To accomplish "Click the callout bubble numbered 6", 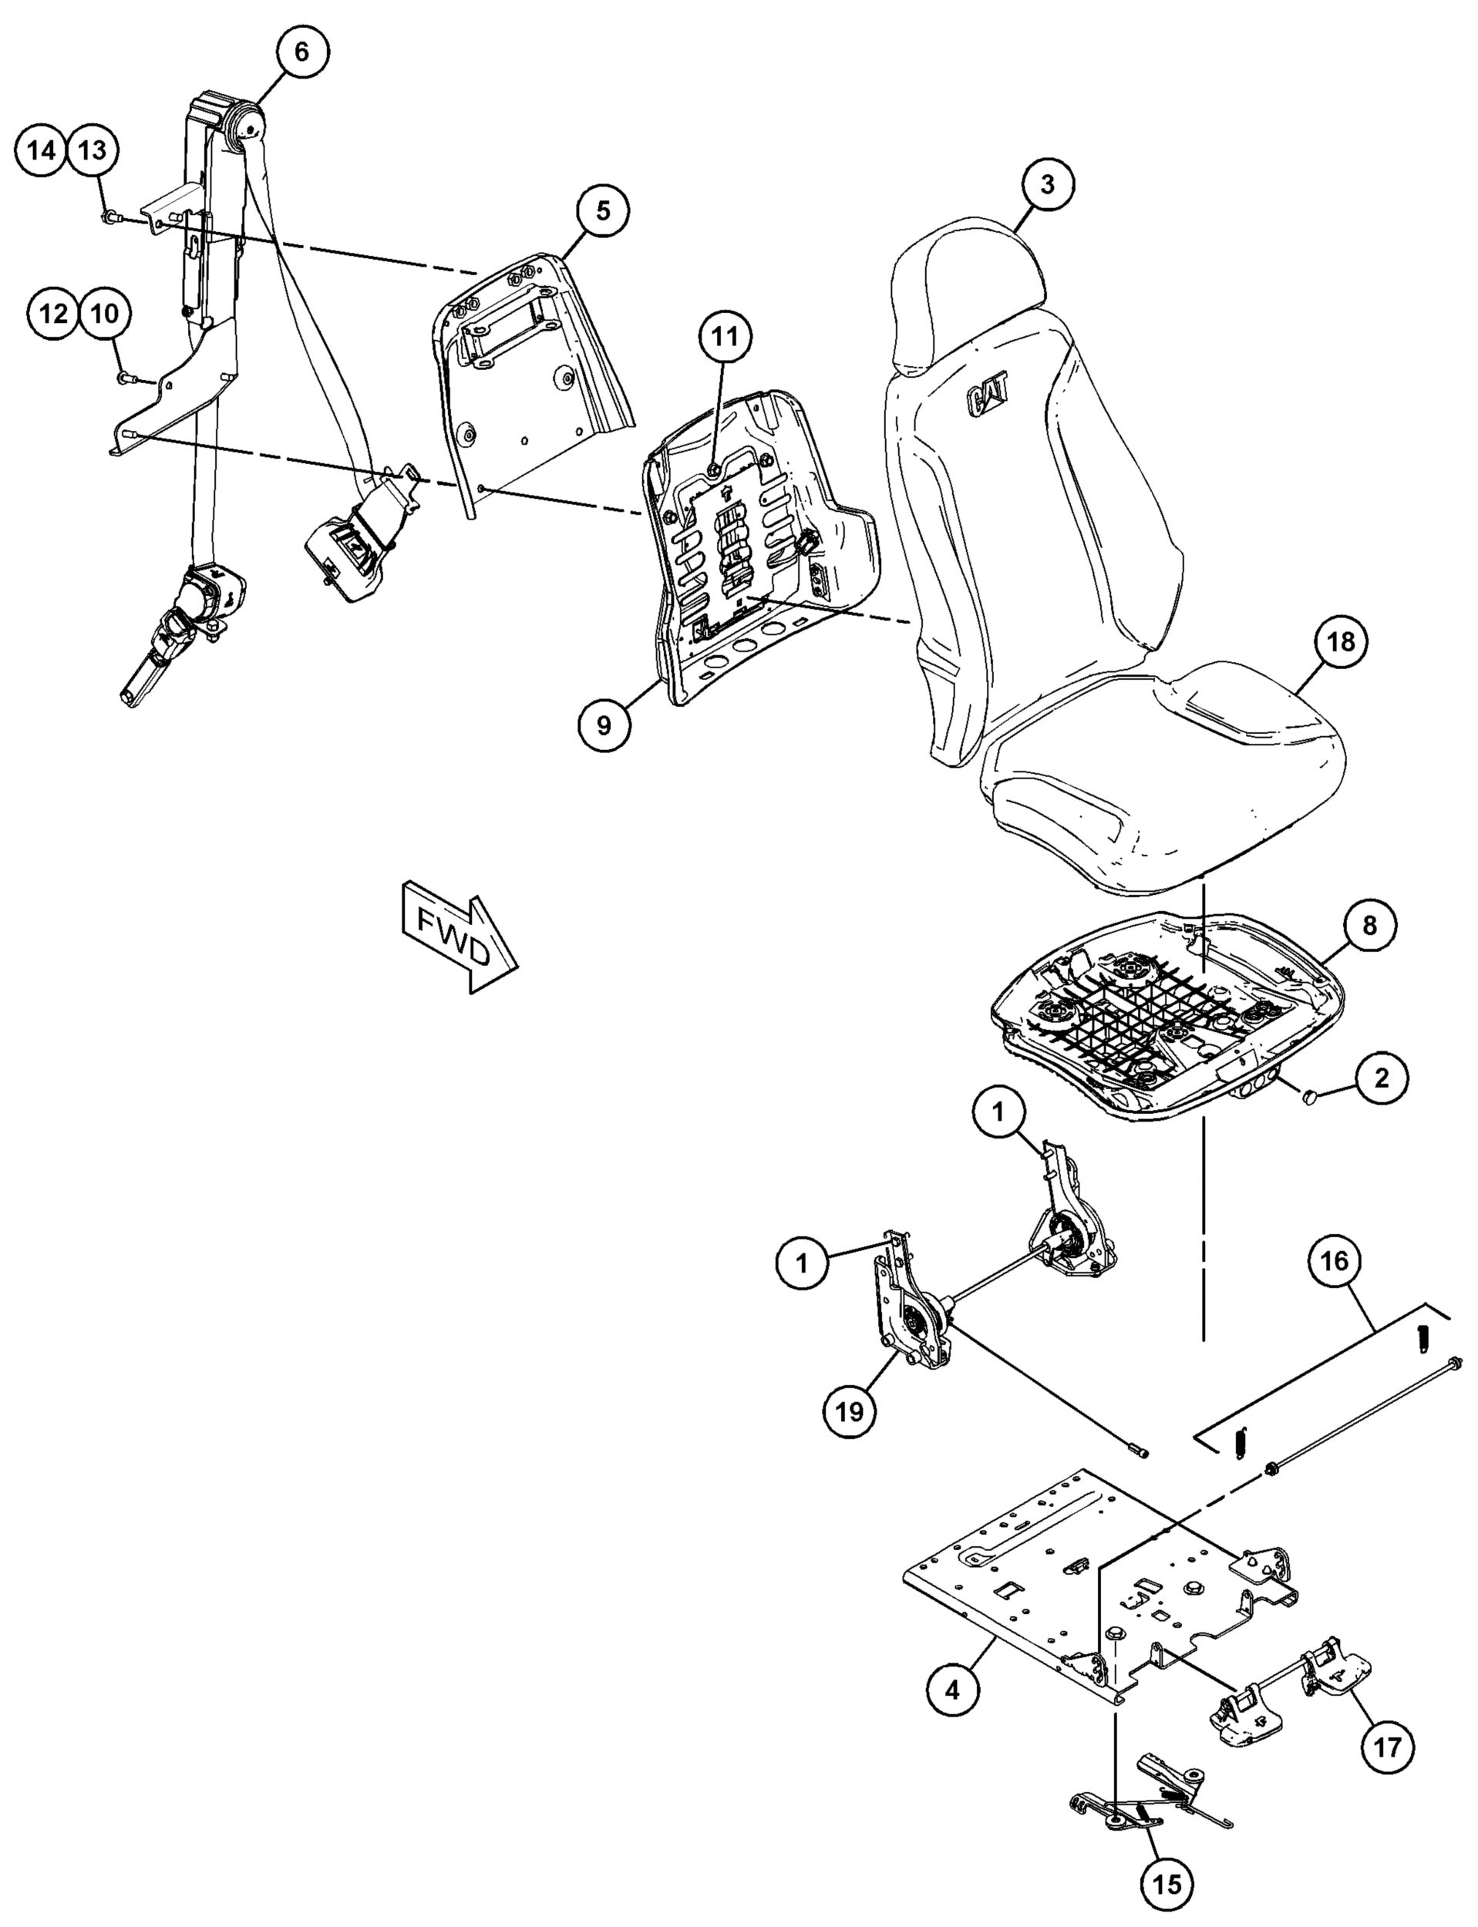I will [301, 52].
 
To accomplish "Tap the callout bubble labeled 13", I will [93, 150].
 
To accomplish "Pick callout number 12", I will [54, 312].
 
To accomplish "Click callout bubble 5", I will [603, 211].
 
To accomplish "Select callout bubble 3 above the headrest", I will [1047, 185].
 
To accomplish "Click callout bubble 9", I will [604, 725].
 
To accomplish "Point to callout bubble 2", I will [1381, 1077].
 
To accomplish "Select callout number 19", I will [850, 1410].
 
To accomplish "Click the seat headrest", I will [968, 299].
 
